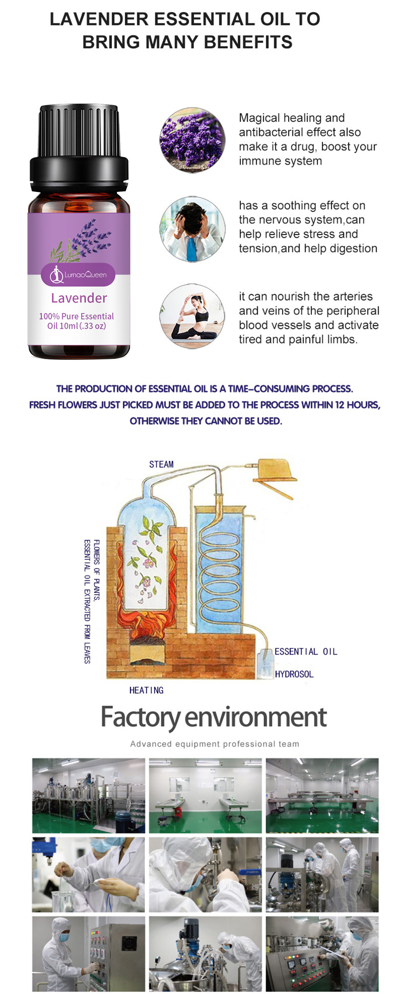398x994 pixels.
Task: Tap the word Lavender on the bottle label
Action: (79, 298)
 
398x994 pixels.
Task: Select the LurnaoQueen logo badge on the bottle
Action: (78, 274)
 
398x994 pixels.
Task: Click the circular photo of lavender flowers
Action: (192, 140)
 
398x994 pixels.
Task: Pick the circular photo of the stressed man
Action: (192, 229)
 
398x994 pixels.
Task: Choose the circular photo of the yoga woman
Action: (192, 316)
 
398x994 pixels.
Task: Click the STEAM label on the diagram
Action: (161, 464)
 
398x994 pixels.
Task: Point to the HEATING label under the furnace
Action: (146, 690)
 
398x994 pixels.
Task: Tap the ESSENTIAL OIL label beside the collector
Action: (305, 652)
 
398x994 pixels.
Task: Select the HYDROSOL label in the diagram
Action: (294, 674)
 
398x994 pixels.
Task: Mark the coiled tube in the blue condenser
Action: (219, 567)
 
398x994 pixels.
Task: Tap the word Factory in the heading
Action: (140, 717)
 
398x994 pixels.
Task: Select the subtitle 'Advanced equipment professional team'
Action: (214, 744)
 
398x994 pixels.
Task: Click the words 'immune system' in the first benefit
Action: (280, 161)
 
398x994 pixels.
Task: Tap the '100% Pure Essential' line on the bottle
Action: (76, 316)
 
